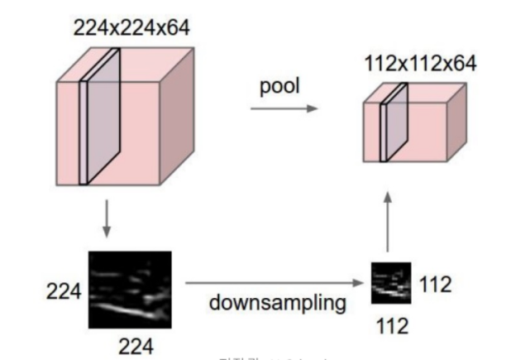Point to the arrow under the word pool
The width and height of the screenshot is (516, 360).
point(284,108)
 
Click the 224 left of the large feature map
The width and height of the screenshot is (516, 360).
point(64,291)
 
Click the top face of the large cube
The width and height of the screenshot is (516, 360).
point(124,65)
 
